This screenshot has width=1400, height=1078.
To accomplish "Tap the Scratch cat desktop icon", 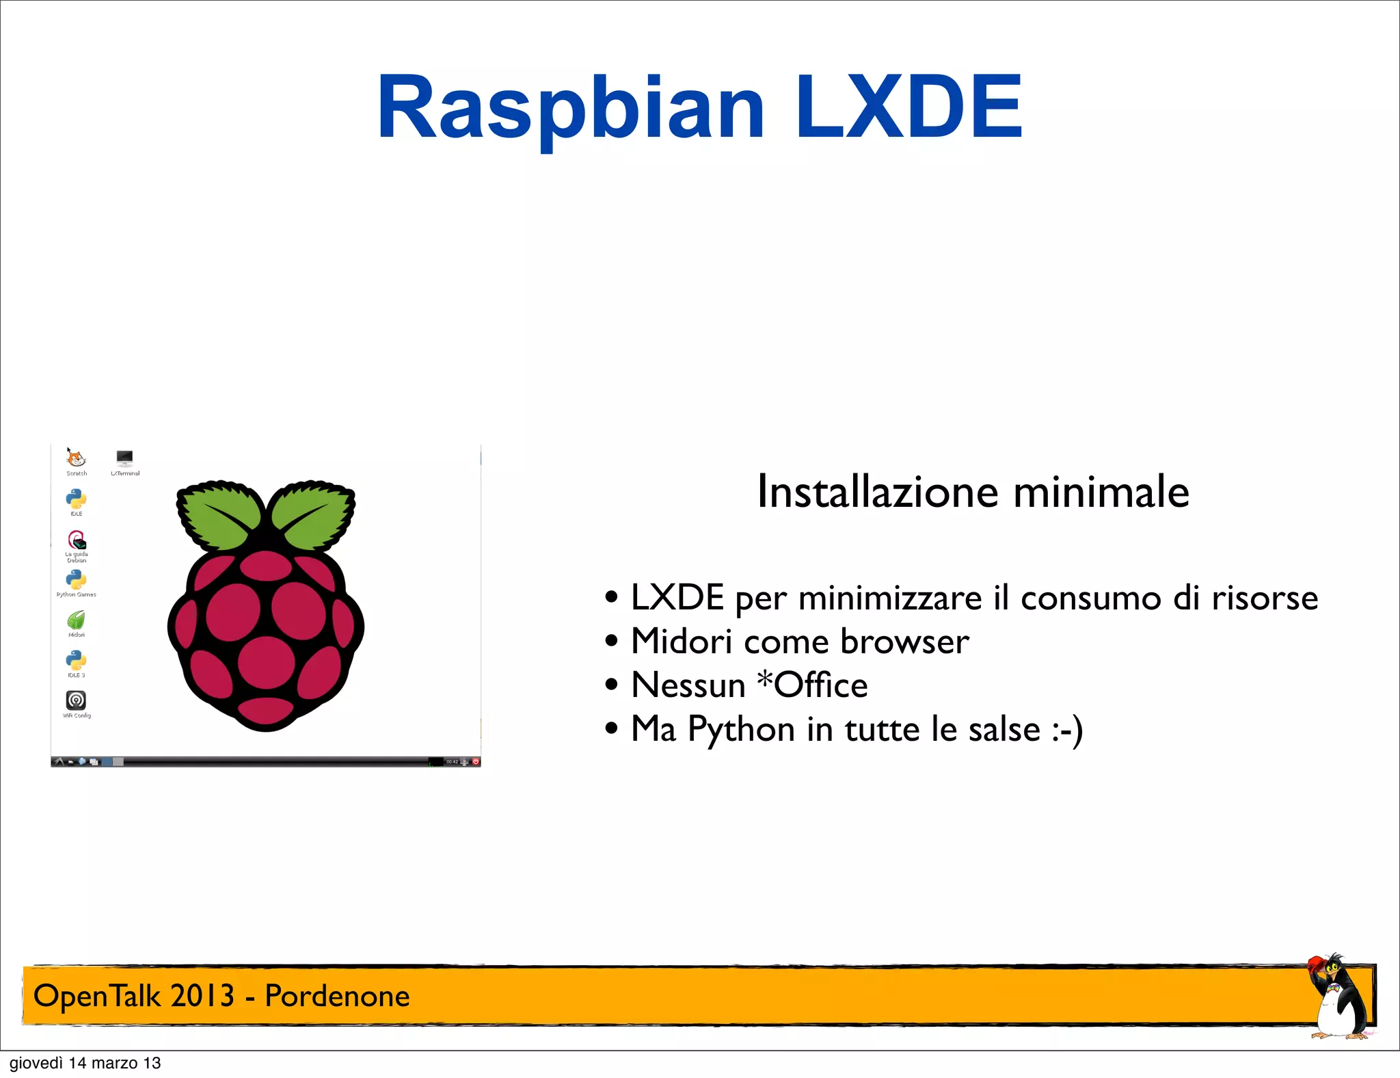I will coord(76,458).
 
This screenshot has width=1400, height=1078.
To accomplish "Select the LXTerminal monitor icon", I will coord(124,458).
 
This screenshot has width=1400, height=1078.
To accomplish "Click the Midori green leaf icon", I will coord(76,620).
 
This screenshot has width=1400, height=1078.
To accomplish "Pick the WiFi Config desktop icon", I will coord(76,700).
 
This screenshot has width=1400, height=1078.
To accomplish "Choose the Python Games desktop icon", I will coord(76,579).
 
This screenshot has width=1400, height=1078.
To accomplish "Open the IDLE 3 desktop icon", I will coord(76,660).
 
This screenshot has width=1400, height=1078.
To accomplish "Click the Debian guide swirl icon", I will coord(77,540).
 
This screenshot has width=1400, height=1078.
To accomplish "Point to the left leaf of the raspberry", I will coord(219,514).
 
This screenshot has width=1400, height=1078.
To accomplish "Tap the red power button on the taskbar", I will coord(476,761).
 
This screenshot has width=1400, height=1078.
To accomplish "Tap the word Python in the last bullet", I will coord(741,729).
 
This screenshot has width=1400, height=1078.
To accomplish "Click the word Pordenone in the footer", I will coord(337,996).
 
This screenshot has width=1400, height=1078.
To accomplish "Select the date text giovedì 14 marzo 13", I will coord(85,1063).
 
